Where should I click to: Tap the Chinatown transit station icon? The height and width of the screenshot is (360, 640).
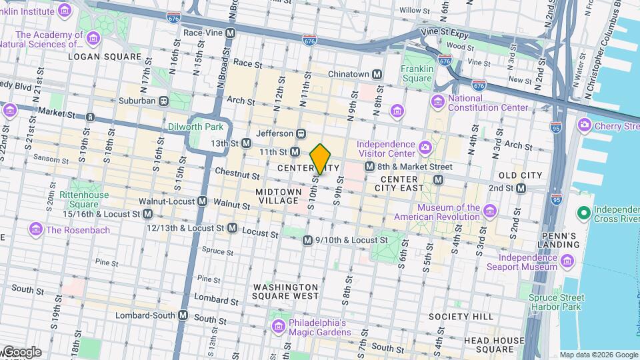pyautogui.click(x=377, y=74)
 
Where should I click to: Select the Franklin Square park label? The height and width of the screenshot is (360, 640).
pyautogui.click(x=417, y=73)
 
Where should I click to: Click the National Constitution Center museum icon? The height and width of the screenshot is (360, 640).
pyautogui.click(x=438, y=101)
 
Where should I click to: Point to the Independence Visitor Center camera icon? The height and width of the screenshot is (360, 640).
pyautogui.click(x=425, y=146)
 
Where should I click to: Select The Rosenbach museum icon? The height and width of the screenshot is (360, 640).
pyautogui.click(x=35, y=229)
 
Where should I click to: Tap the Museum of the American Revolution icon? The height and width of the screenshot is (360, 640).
pyautogui.click(x=490, y=212)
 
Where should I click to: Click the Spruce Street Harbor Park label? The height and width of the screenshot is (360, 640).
pyautogui.click(x=557, y=303)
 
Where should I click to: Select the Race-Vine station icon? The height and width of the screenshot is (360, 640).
pyautogui.click(x=231, y=33)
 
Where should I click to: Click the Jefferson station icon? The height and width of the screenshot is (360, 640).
pyautogui.click(x=301, y=133)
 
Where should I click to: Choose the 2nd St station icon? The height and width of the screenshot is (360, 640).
pyautogui.click(x=521, y=189)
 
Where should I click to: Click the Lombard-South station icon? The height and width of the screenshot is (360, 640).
pyautogui.click(x=183, y=315)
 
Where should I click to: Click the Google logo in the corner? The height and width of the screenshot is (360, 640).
pyautogui.click(x=21, y=352)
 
